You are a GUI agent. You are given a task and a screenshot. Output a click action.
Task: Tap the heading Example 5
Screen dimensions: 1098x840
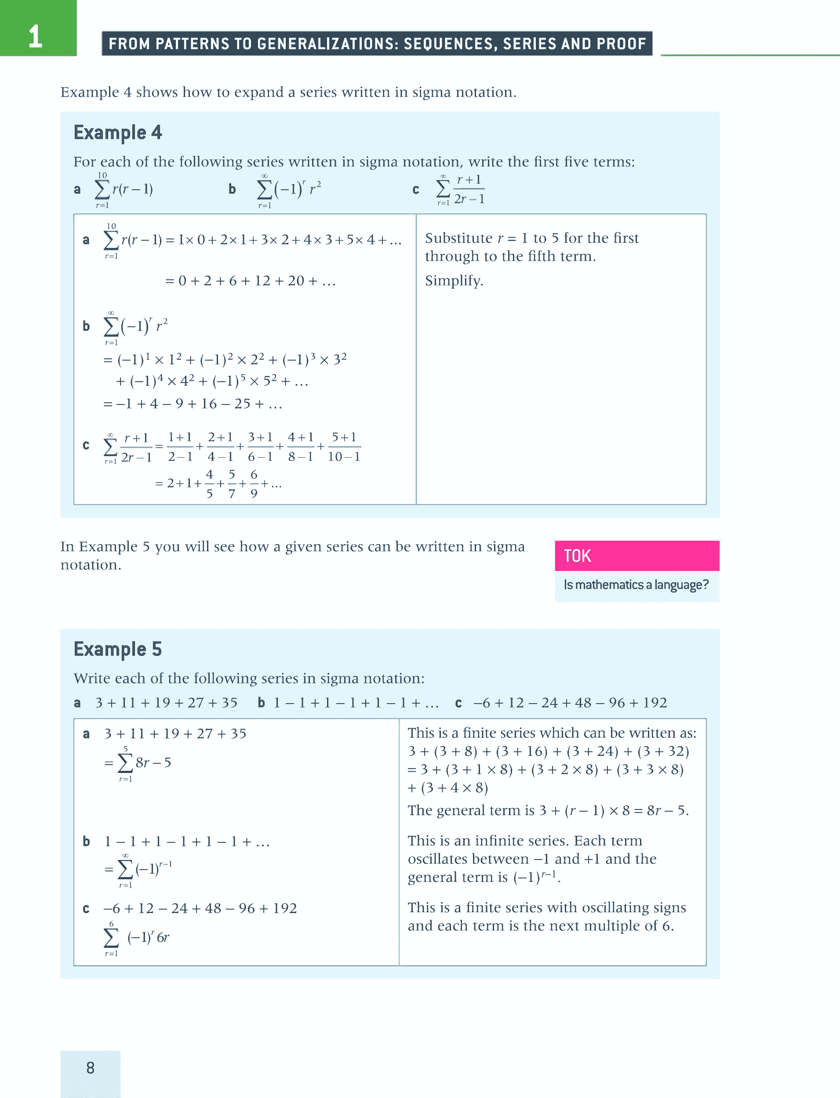(117, 649)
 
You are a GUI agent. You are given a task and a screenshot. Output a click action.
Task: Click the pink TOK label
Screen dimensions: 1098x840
(578, 556)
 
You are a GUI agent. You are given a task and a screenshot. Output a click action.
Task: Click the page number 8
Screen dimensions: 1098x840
(91, 1068)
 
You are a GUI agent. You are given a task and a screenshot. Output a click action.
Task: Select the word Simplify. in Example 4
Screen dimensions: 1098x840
(454, 281)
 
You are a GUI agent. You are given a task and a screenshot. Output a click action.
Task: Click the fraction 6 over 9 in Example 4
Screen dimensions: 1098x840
(254, 484)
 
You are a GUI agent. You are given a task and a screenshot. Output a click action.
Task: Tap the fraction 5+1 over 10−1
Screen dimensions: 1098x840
(344, 447)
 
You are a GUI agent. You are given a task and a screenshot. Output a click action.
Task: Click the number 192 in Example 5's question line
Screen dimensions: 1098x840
(655, 703)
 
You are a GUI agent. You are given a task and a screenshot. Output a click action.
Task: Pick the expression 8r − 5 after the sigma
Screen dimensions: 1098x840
(153, 762)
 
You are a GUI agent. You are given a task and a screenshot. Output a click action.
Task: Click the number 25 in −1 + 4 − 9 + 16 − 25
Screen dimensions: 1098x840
(243, 404)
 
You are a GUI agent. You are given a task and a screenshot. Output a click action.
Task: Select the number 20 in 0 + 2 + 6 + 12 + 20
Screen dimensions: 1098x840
(295, 281)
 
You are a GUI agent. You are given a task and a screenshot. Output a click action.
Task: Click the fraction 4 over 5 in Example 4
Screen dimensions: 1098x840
(210, 484)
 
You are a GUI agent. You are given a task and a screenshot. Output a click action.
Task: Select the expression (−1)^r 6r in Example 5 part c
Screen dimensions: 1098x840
(149, 937)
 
